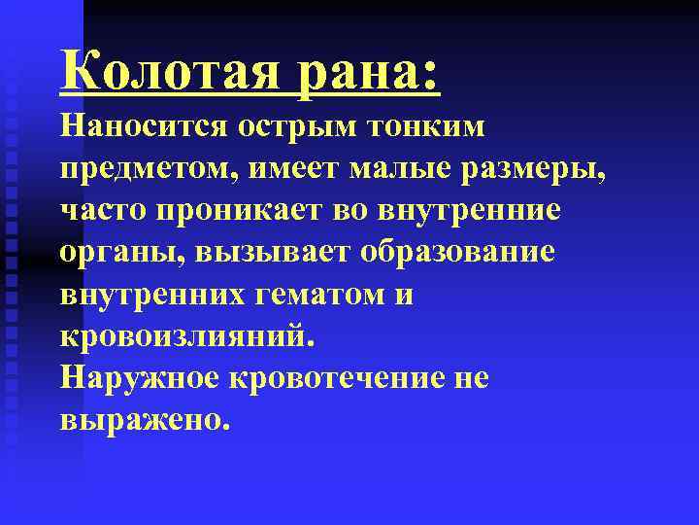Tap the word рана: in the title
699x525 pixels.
coord(370,73)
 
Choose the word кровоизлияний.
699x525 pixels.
coord(187,336)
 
